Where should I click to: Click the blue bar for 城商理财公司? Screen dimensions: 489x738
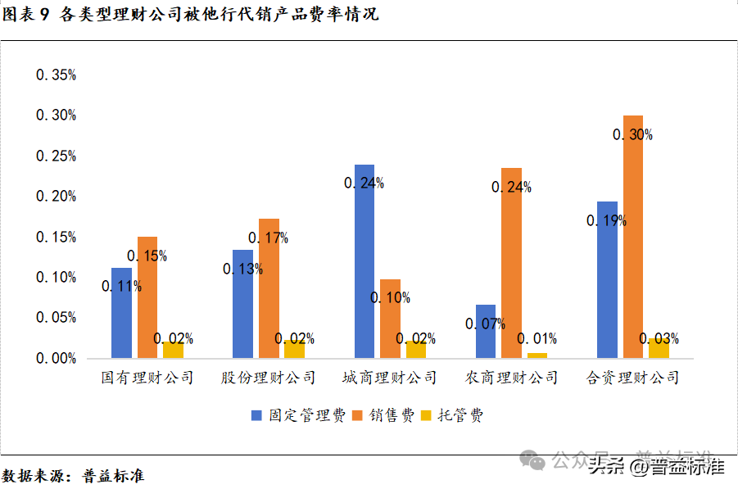tap(364, 261)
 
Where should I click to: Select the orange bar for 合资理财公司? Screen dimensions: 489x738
tap(633, 237)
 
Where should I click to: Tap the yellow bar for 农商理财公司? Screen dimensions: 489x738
tap(537, 355)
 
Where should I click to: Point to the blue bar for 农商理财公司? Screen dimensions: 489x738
tap(486, 331)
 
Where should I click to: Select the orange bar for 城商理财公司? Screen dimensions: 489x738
tap(391, 319)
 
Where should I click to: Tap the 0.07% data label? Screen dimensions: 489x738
tap(485, 324)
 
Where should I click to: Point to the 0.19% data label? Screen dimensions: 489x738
tap(606, 220)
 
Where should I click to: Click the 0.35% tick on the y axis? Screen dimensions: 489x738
tap(56, 75)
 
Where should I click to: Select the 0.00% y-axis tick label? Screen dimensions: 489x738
tap(56, 359)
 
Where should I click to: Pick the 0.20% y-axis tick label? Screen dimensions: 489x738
tap(56, 197)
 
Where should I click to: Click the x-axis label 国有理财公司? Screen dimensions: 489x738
tap(147, 378)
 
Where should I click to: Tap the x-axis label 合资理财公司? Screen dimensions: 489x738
tap(633, 378)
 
